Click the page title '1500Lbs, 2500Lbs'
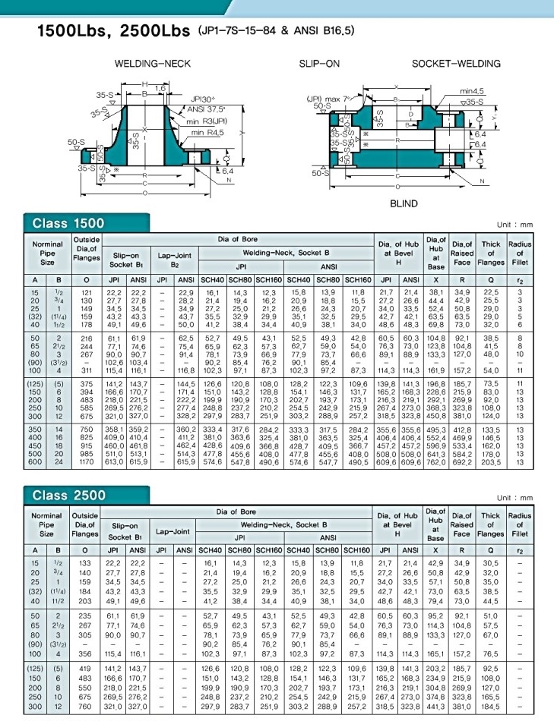coord(113,32)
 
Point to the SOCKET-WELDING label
coord(456,64)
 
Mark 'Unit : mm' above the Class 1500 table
coord(515,225)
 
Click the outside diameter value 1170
coord(86,461)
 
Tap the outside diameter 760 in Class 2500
coord(86,705)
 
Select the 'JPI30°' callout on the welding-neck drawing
coord(203,99)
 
